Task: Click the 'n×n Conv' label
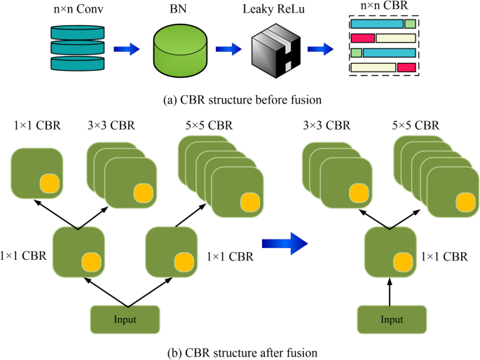coord(76,10)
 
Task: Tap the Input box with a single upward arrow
coord(392,319)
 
